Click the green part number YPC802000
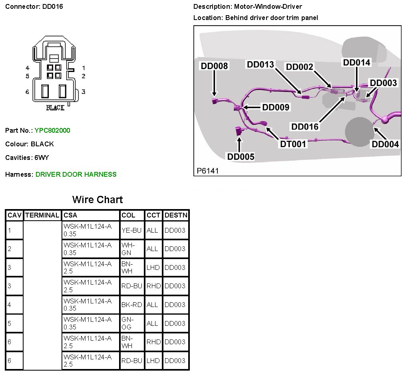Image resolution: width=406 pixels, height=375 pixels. [52, 130]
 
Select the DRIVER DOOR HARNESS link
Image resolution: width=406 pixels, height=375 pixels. [76, 174]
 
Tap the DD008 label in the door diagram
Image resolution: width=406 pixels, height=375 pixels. [215, 66]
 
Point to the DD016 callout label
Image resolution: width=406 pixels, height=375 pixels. [305, 127]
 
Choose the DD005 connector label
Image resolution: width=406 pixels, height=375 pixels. [241, 157]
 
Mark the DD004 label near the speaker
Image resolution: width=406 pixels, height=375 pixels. [385, 144]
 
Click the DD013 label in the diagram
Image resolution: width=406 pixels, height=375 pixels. [260, 65]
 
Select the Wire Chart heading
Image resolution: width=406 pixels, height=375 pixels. [98, 199]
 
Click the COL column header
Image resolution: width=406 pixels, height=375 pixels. [128, 215]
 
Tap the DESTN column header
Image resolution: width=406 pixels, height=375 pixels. [176, 215]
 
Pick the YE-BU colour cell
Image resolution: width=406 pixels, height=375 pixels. [131, 231]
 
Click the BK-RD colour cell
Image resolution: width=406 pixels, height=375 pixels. [131, 305]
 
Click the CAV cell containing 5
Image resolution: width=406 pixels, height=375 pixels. [10, 323]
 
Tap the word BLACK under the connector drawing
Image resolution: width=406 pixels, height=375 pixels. [55, 108]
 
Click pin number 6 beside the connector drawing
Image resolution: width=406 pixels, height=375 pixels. [28, 92]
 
